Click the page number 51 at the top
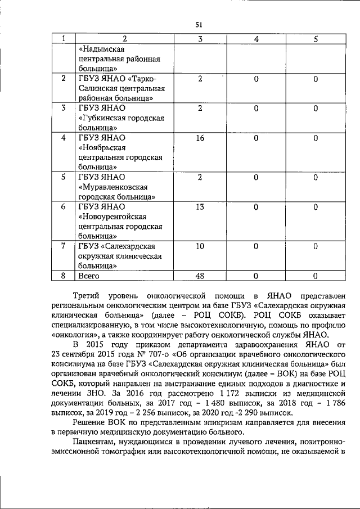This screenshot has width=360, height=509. pos(199,24)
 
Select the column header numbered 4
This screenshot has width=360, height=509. pos(256,39)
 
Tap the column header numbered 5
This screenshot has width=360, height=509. pos(316,39)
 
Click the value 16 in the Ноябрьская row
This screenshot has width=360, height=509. pos(200,138)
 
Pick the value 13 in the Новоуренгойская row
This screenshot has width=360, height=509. pos(200,207)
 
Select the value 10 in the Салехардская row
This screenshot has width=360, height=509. pos(200,246)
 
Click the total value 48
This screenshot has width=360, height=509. pos(200,276)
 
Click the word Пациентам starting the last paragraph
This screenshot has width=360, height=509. pos(94,444)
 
